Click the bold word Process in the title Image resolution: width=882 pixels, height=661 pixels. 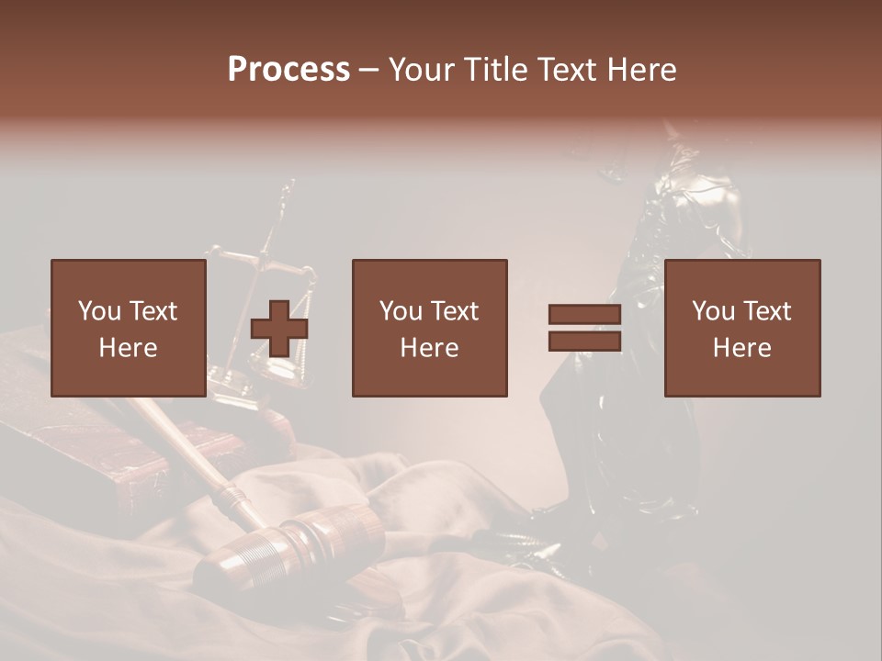288,70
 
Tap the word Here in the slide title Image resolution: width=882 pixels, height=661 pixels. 640,70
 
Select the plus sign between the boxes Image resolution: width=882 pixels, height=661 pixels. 279,329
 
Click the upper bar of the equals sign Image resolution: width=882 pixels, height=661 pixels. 584,315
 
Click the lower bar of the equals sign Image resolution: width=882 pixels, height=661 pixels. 584,342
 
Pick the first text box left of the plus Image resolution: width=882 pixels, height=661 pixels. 129,328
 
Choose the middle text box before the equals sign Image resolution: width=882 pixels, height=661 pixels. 429,328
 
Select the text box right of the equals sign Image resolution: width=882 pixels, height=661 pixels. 741,328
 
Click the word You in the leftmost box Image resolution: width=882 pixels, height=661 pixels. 99,311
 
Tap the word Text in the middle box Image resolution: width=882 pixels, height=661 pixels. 454,311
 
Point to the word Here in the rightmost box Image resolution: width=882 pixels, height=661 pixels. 741,348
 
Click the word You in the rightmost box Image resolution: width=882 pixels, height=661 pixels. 713,311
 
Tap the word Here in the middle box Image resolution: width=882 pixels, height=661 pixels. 429,348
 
